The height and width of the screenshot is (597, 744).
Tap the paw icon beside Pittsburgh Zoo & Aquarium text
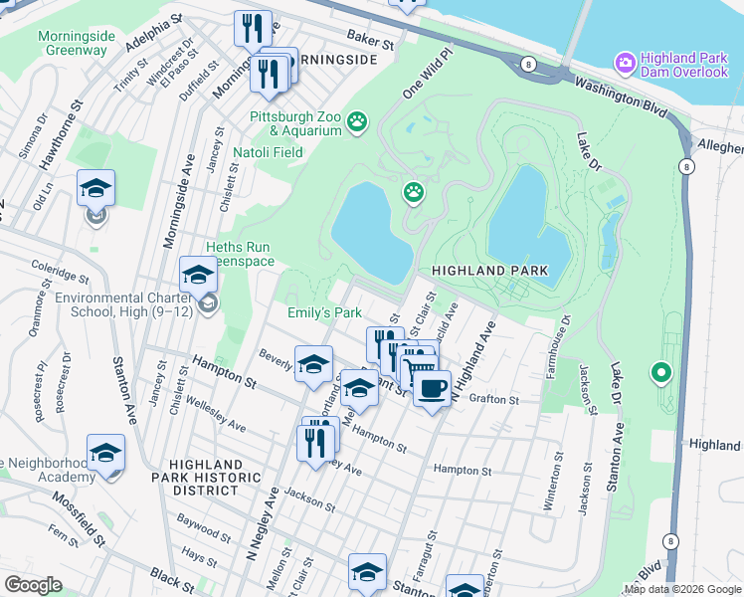[x=357, y=122]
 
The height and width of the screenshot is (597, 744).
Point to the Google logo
[x=33, y=585]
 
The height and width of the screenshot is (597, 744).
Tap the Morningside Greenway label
[x=77, y=43]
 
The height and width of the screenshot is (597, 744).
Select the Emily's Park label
[x=324, y=312]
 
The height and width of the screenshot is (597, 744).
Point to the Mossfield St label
[x=78, y=520]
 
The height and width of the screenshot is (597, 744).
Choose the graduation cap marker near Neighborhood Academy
[x=105, y=453]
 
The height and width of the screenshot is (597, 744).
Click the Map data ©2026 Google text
[x=683, y=589]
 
